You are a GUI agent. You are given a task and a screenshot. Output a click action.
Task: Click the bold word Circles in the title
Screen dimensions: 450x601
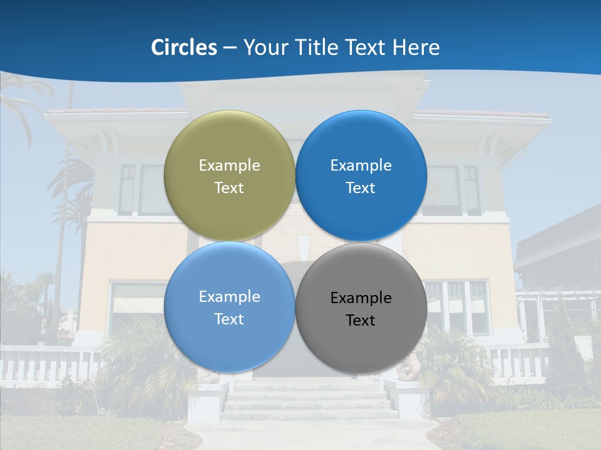184,47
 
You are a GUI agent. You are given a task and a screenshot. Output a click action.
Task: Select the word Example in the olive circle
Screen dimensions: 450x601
229,166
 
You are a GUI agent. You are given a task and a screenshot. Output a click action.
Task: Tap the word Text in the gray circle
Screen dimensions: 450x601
361,321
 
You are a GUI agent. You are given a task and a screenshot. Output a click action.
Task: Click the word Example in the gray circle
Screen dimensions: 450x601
361,298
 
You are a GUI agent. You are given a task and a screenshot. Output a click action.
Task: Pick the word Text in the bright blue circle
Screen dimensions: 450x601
361,188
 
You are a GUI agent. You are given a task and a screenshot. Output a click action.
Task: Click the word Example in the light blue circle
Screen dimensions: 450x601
229,297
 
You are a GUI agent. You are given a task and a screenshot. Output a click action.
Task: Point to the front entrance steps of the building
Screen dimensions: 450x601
307,400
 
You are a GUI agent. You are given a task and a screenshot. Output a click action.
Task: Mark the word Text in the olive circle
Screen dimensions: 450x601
229,188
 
